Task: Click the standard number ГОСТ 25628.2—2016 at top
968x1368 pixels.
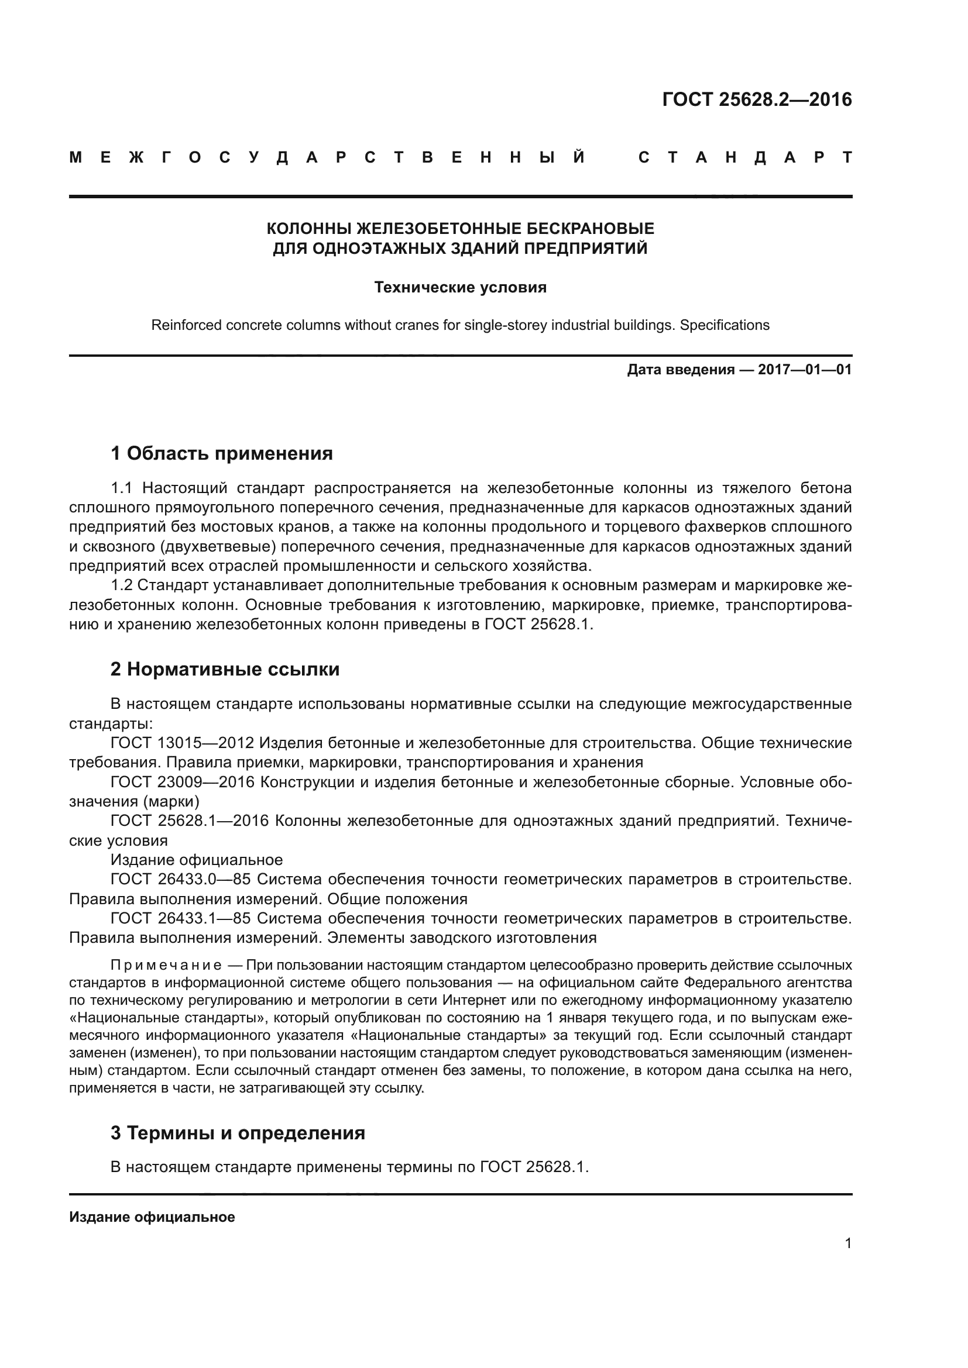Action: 756,99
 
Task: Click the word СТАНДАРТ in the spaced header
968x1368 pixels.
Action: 744,158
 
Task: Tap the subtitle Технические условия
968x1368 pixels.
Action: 460,288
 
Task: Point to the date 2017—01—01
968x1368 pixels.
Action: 804,370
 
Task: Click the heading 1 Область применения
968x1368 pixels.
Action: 222,453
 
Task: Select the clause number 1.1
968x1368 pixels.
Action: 122,488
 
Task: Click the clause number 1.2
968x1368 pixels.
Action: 122,585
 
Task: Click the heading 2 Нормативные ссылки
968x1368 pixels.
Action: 225,670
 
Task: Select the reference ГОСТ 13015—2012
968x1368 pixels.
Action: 183,743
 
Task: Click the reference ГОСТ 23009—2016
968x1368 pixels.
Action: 183,783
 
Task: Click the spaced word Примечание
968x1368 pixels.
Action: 166,965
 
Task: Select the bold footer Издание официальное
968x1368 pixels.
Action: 152,1217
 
